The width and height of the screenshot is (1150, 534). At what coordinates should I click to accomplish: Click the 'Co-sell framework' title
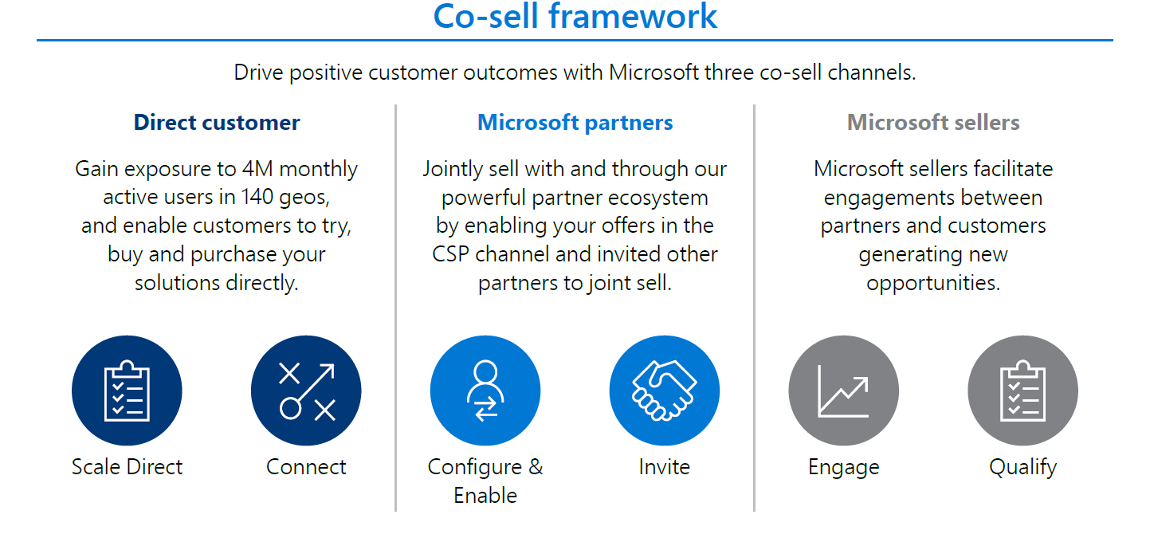pos(575,17)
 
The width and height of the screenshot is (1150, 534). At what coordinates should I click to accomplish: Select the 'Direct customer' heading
pos(217,123)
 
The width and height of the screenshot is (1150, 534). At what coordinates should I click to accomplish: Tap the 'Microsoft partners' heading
pos(575,123)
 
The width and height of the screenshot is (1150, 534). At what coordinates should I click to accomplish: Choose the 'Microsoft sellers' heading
pos(933,123)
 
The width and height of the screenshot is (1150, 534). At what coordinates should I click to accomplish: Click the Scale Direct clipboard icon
pos(127,391)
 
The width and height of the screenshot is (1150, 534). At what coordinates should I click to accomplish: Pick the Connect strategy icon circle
pos(306,391)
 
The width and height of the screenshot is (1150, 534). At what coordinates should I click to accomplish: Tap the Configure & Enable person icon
pos(485,391)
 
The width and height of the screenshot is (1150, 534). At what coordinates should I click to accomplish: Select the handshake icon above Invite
pos(665,391)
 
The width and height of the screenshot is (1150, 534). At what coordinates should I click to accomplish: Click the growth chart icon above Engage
pos(843,391)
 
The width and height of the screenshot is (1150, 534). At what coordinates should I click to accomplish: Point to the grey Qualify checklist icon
pos(1022,391)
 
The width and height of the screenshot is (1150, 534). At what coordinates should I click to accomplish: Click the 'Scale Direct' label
pos(127,467)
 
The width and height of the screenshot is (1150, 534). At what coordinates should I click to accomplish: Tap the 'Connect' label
pos(306,467)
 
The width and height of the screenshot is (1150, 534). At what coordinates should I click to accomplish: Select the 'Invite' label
pos(665,467)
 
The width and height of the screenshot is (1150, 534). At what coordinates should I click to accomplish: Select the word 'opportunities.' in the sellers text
pos(933,284)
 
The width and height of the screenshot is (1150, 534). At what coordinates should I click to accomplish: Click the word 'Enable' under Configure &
pos(485,496)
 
